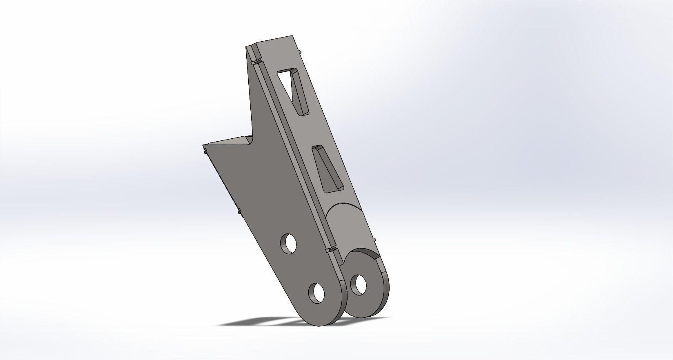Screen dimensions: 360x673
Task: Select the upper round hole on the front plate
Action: [x=289, y=243]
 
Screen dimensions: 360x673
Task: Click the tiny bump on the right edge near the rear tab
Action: [x=374, y=238]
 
